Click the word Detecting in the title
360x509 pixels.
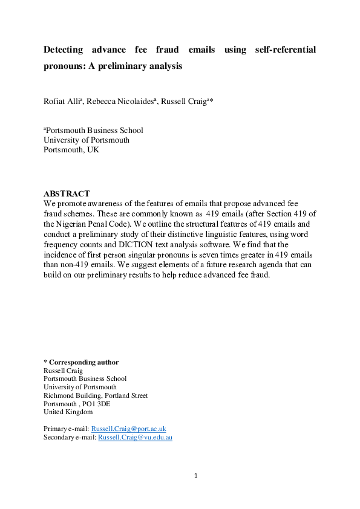click(64, 50)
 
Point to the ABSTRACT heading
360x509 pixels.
click(67, 194)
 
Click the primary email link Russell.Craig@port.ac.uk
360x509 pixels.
click(132, 429)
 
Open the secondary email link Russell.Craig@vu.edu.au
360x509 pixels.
click(135, 437)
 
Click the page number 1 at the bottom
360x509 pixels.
click(196, 476)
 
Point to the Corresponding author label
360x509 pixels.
click(84, 362)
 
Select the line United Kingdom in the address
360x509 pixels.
click(68, 412)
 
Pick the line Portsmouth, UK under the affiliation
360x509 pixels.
click(71, 150)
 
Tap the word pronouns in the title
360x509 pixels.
click(62, 66)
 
